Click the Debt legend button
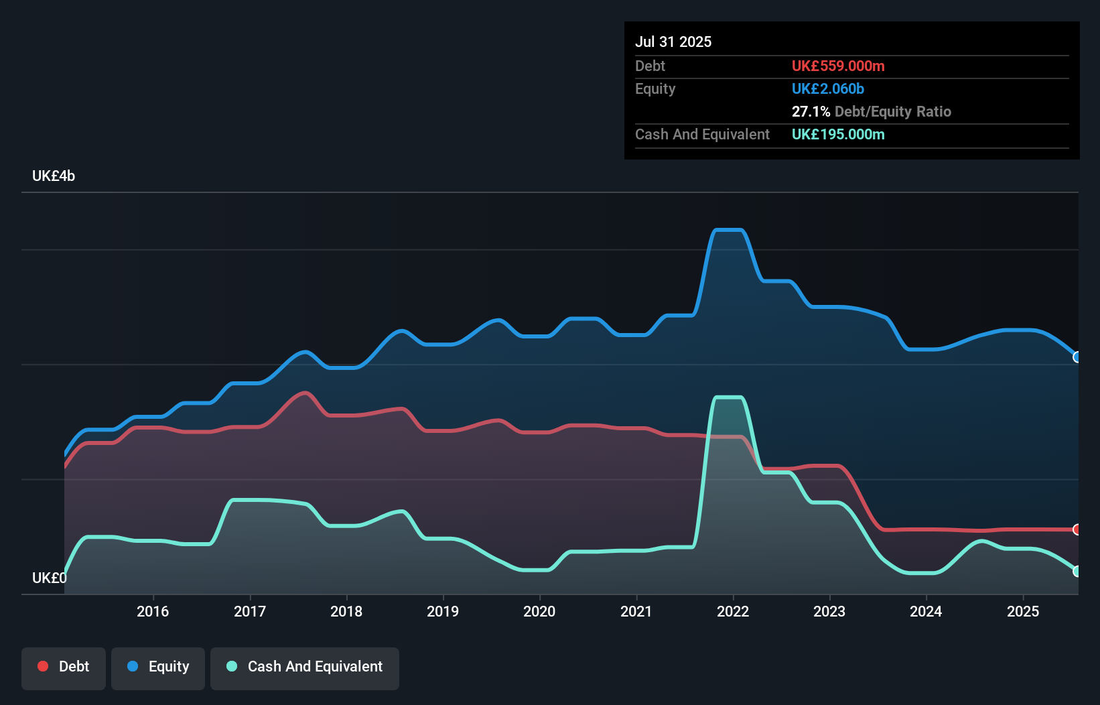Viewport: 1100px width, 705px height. [64, 667]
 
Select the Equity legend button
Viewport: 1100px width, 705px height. [158, 667]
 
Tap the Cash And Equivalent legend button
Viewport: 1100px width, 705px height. [305, 667]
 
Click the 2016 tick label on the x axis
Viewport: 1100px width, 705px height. [153, 611]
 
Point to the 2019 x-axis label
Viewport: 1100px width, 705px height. [443, 611]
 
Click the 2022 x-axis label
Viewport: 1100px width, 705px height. [733, 611]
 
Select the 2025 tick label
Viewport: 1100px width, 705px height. [1023, 611]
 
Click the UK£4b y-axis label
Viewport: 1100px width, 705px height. [54, 176]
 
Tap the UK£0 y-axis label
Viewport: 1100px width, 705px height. [49, 578]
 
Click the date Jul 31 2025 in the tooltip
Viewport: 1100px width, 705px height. [673, 42]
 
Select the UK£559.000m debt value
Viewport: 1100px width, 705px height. [838, 66]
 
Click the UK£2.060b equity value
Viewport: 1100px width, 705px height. [828, 88]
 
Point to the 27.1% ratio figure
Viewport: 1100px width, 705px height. [811, 111]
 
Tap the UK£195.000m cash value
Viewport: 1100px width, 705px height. [838, 134]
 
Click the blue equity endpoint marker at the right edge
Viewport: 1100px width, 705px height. [1077, 357]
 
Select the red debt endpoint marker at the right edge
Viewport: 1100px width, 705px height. [1077, 529]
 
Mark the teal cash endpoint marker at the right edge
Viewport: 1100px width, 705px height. [1077, 572]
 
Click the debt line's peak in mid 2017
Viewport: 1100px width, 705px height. [305, 393]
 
